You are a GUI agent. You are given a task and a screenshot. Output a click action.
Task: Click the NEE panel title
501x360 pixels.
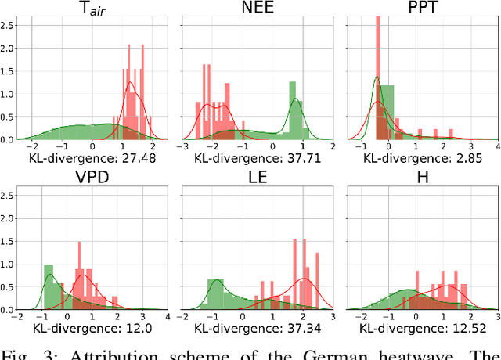point(256,9)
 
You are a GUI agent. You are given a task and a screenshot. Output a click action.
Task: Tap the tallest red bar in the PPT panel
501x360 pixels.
point(377,78)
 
